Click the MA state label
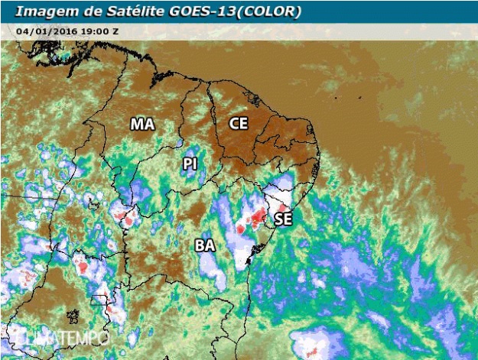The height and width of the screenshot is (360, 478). click(x=143, y=124)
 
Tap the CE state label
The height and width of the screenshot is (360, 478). click(x=239, y=122)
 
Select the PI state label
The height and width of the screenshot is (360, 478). click(x=190, y=164)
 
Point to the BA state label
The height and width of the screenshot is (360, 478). click(x=205, y=245)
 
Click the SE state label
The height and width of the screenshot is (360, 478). click(x=283, y=219)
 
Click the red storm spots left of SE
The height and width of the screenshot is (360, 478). click(x=252, y=222)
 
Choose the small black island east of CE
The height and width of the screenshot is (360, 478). click(x=334, y=98)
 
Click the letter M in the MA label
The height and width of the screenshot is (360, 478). click(x=138, y=124)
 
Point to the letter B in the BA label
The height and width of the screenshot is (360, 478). click(x=200, y=245)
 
